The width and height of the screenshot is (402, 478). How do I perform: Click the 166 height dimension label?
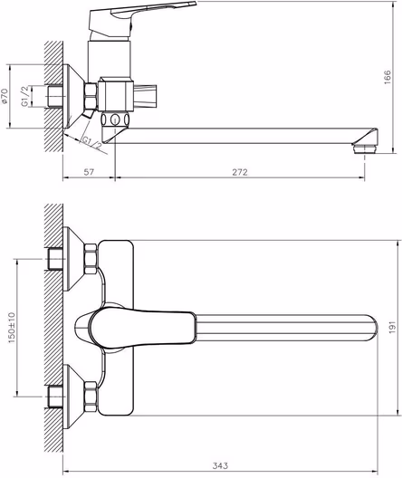click(x=388, y=77)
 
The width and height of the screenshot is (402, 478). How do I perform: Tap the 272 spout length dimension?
click(x=240, y=172)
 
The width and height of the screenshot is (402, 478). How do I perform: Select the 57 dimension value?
click(x=89, y=172)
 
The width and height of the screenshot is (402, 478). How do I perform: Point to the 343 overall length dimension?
click(x=220, y=466)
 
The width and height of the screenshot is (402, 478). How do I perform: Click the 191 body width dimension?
click(x=393, y=327)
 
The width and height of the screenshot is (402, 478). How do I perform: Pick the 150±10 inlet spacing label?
click(x=12, y=328)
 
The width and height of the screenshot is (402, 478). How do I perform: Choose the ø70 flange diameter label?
click(x=4, y=96)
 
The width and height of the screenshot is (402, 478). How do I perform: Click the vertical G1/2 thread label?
click(x=25, y=96)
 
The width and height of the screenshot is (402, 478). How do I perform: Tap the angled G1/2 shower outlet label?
click(x=92, y=143)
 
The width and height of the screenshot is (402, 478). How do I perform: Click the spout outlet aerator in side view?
click(x=365, y=148)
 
